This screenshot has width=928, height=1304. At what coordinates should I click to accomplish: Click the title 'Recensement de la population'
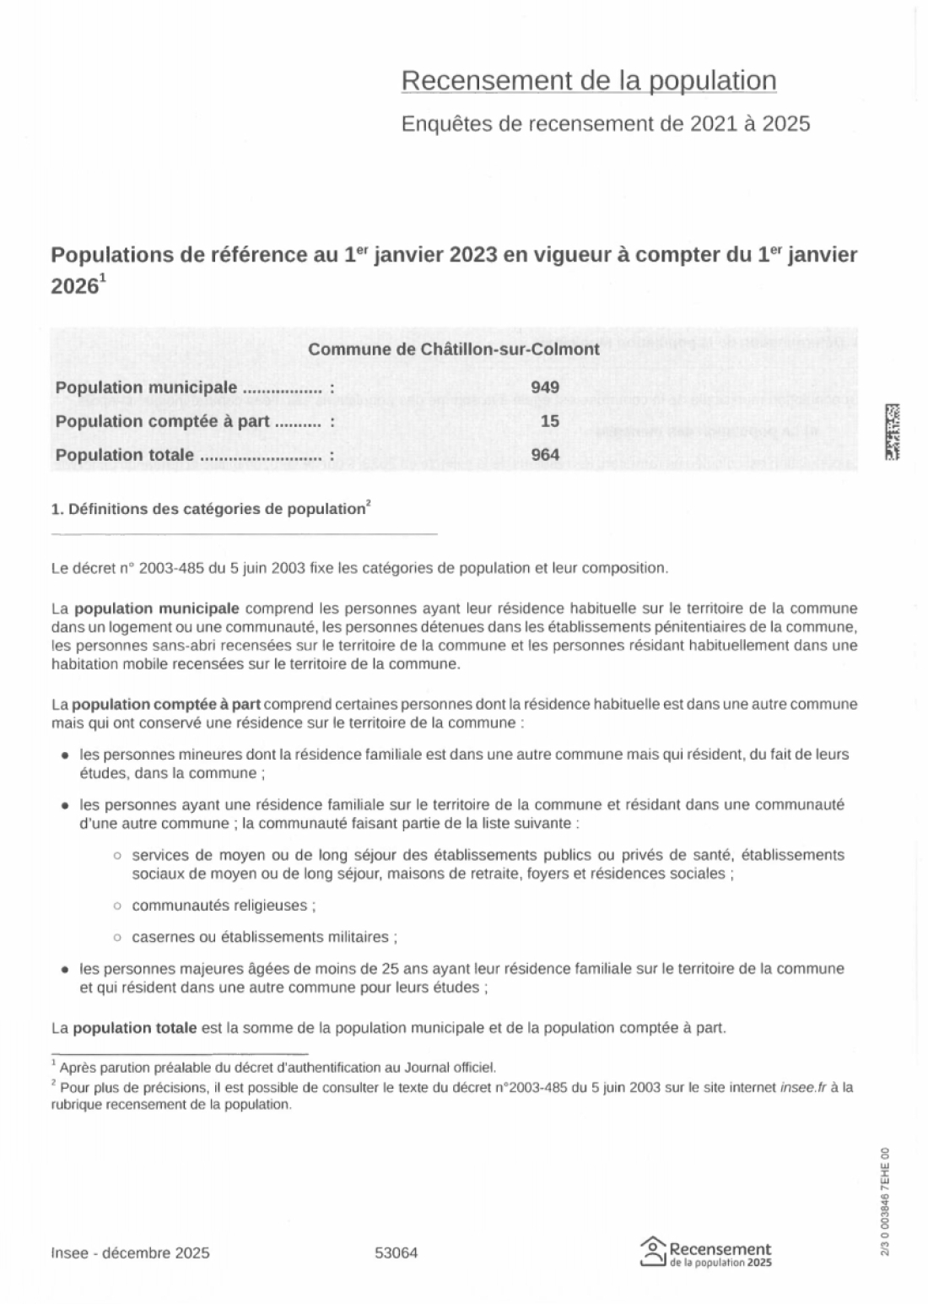588,81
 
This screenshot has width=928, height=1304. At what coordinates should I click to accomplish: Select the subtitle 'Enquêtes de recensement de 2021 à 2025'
605,124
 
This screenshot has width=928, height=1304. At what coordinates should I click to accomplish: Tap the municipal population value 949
545,387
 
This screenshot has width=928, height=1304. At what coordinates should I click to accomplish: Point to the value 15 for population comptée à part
550,421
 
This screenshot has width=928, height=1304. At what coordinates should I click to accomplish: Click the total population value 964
545,456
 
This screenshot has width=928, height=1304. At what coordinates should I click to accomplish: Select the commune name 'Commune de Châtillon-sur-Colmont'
454,349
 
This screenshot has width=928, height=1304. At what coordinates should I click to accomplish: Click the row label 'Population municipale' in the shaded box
146,387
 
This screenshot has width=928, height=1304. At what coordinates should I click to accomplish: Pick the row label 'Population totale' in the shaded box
125,456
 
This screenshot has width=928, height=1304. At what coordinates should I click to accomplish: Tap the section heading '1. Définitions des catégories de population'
208,510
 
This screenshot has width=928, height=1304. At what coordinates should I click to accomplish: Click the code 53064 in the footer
396,1253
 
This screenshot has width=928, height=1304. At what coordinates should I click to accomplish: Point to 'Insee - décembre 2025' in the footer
130,1253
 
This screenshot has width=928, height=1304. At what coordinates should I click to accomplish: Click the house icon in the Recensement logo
652,1253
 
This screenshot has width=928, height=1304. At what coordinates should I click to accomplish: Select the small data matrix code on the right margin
892,431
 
